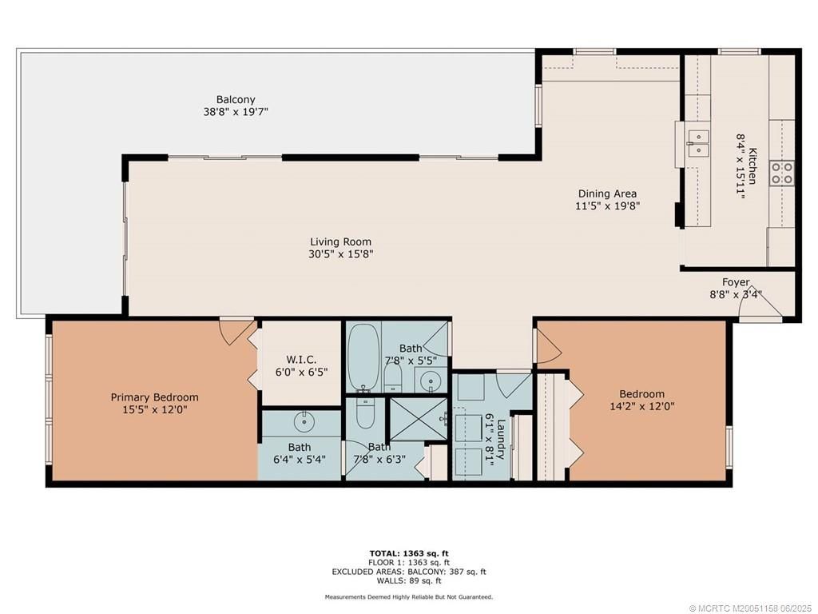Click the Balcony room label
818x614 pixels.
(235, 100)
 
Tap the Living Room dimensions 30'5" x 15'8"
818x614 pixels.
(341, 254)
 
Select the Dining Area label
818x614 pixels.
(607, 193)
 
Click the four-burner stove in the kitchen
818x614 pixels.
(781, 173)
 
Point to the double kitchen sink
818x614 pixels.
(698, 143)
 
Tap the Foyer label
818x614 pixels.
(736, 282)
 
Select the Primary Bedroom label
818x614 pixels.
(154, 397)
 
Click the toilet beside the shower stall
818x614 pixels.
(365, 413)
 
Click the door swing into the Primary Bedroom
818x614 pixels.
(236, 331)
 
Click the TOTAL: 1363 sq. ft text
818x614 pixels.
(408, 553)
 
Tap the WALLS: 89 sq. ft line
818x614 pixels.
(408, 580)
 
